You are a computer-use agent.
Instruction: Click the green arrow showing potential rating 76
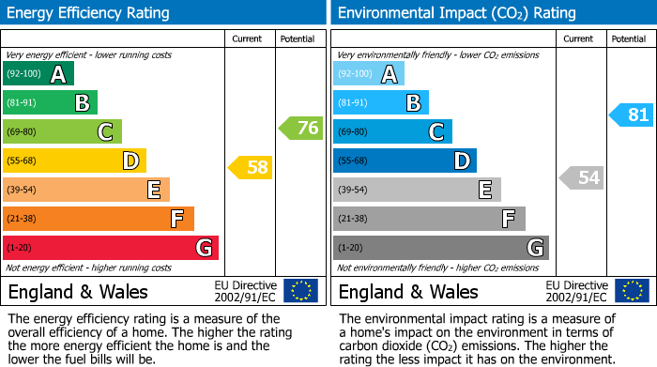[x=301, y=128]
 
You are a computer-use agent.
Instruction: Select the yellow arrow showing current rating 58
[x=252, y=168]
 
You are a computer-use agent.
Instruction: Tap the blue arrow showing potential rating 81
[x=632, y=115]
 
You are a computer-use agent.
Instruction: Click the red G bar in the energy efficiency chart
[x=111, y=248]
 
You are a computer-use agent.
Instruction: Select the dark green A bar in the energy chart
[x=38, y=74]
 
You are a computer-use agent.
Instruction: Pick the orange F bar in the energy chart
[x=99, y=219]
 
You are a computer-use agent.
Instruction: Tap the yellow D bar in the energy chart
[x=74, y=161]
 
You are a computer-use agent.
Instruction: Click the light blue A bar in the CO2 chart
[x=369, y=74]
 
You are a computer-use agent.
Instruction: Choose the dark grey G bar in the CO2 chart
[x=440, y=248]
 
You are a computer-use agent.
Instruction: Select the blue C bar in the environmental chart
[x=392, y=131]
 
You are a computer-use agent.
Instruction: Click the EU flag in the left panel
[x=300, y=291]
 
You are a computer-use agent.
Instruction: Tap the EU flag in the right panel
[x=631, y=291]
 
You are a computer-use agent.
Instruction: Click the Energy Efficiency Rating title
[x=89, y=13]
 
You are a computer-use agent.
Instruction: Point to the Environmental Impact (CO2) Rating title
[x=456, y=13]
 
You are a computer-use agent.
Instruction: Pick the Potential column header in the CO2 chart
[x=628, y=38]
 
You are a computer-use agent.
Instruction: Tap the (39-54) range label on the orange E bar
[x=22, y=191]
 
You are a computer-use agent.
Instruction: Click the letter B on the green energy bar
[x=83, y=103]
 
